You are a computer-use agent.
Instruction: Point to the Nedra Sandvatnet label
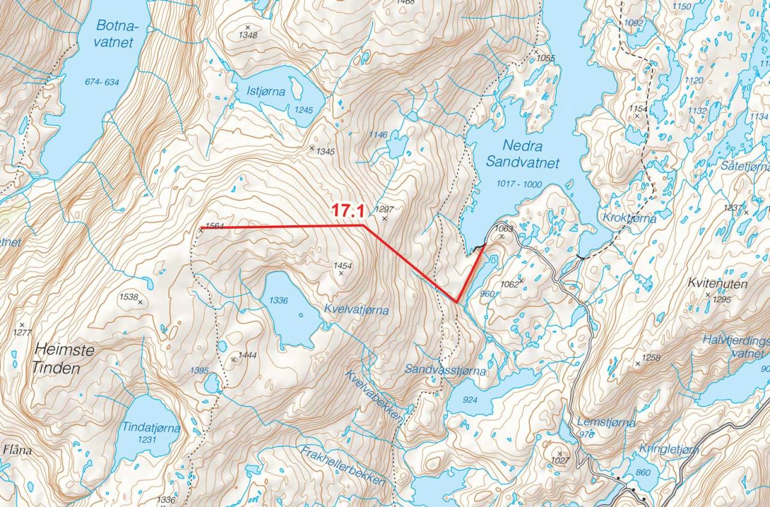click(522, 154)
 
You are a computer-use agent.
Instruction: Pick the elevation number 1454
click(342, 266)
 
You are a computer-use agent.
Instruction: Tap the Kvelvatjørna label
click(356, 310)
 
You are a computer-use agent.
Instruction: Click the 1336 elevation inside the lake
click(279, 300)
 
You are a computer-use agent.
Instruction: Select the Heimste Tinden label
click(64, 359)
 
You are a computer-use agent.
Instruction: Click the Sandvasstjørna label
click(445, 371)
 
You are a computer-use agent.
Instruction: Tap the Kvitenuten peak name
click(718, 284)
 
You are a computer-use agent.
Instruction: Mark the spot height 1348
click(248, 35)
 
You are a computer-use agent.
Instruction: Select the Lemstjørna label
click(606, 422)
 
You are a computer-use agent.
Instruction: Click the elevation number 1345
click(325, 152)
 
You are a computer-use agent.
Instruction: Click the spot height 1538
click(129, 297)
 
